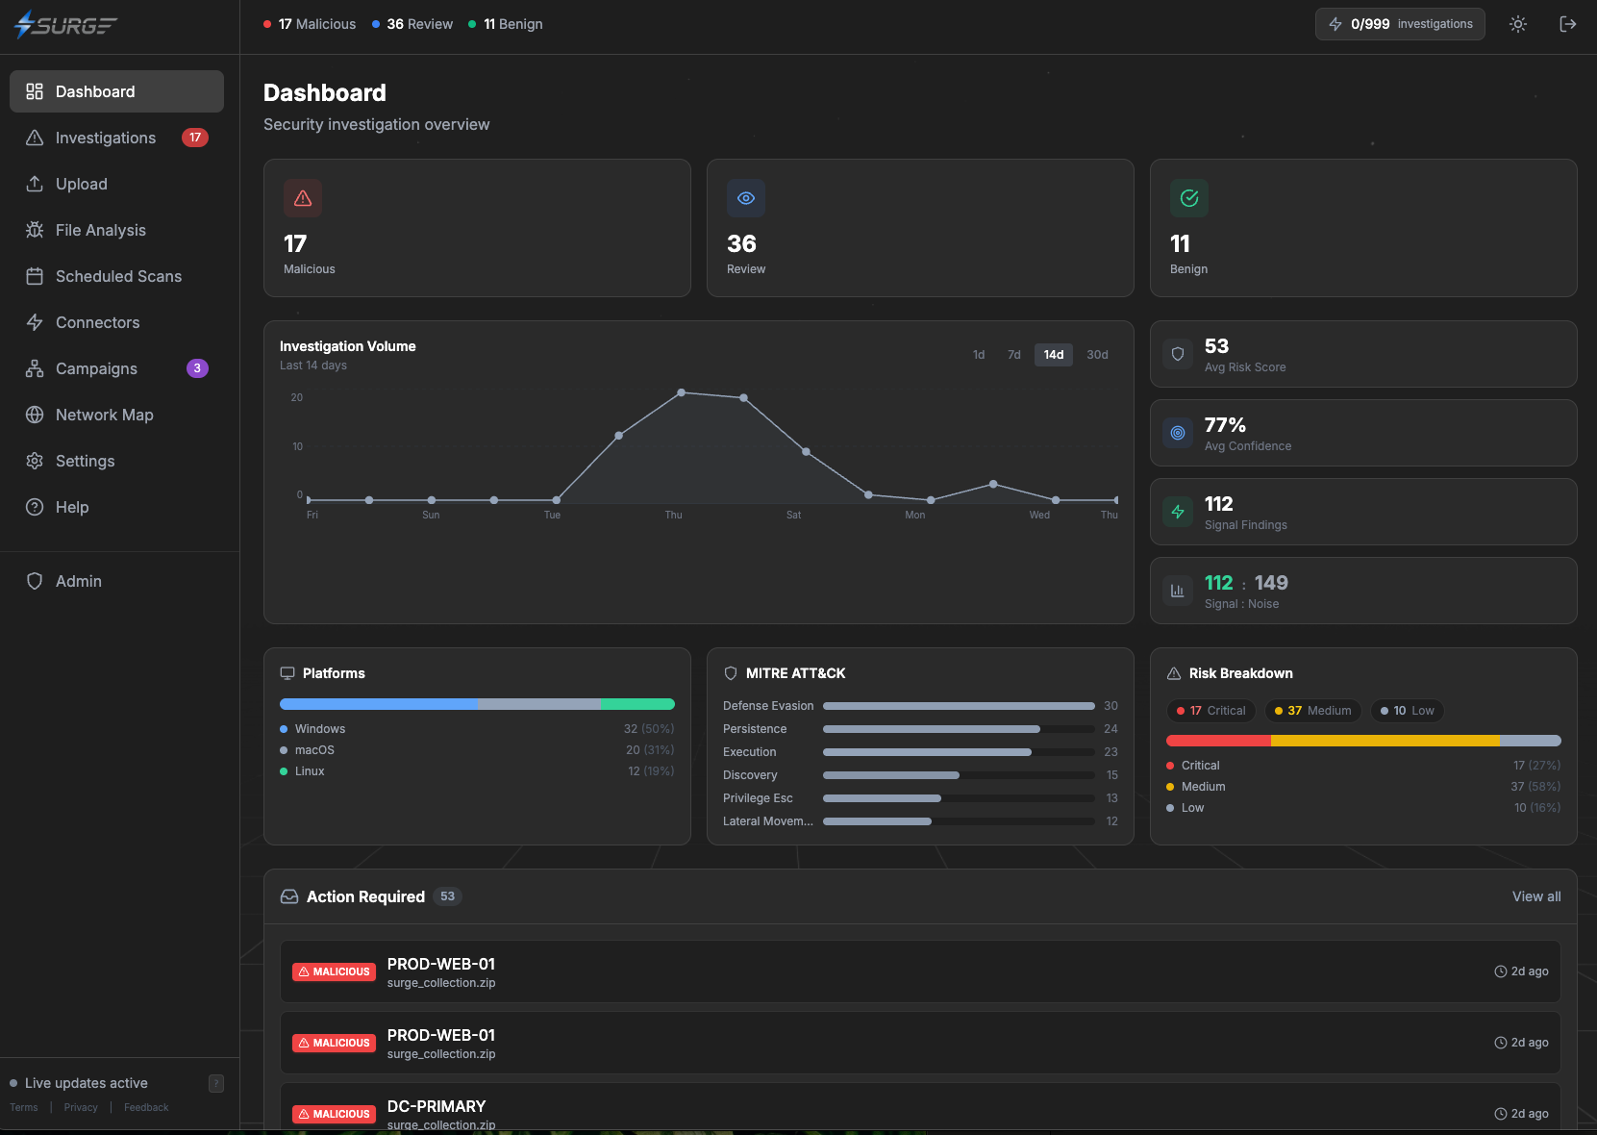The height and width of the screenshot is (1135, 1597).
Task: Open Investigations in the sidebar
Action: pos(105,138)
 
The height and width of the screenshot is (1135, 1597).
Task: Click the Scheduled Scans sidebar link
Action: pos(118,276)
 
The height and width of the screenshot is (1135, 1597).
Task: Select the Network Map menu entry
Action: pos(104,415)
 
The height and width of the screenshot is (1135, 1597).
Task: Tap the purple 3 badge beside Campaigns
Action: pos(197,368)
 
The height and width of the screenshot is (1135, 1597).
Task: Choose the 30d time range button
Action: pos(1097,355)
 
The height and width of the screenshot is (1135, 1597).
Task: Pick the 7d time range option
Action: pos(1013,355)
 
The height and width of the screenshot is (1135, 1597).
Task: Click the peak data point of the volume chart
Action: pos(682,392)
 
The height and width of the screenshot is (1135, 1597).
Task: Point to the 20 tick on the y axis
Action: pos(297,397)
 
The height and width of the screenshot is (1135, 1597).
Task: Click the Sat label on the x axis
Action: pos(793,515)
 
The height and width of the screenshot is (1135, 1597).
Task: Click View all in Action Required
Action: pos(1535,896)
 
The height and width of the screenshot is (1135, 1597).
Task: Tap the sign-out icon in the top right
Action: pos(1567,24)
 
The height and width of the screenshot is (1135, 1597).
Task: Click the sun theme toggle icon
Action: pos(1518,24)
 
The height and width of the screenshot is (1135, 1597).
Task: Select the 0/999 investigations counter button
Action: pos(1399,24)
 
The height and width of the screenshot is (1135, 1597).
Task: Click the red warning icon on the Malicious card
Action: pos(303,198)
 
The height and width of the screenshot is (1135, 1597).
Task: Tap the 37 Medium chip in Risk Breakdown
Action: pos(1312,711)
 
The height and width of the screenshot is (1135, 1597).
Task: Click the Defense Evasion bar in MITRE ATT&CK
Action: pos(958,706)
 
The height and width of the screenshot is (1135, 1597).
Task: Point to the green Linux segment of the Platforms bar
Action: pos(637,704)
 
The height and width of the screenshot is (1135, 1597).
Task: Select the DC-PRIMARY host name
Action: pos(437,1106)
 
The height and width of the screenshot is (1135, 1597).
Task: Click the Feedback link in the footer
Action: pos(146,1107)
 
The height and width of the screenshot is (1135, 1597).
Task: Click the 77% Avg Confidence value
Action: pos(1225,425)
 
